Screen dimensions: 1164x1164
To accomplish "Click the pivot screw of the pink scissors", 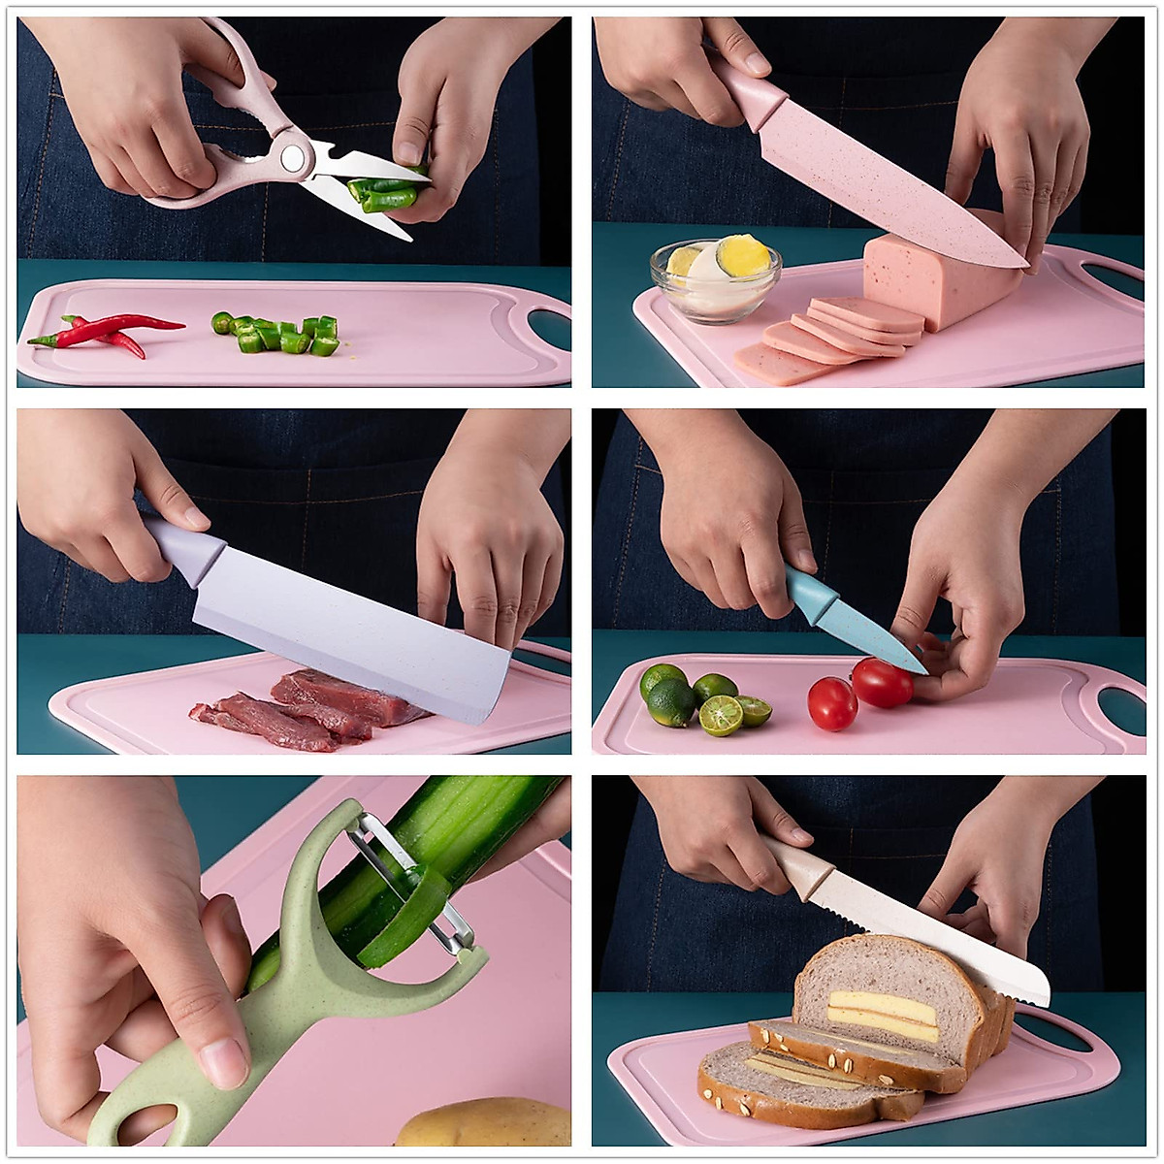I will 291,155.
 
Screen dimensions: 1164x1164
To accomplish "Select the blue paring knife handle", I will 810,594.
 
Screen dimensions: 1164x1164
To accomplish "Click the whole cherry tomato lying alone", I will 832,703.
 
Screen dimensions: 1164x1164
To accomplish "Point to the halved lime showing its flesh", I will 721,715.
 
